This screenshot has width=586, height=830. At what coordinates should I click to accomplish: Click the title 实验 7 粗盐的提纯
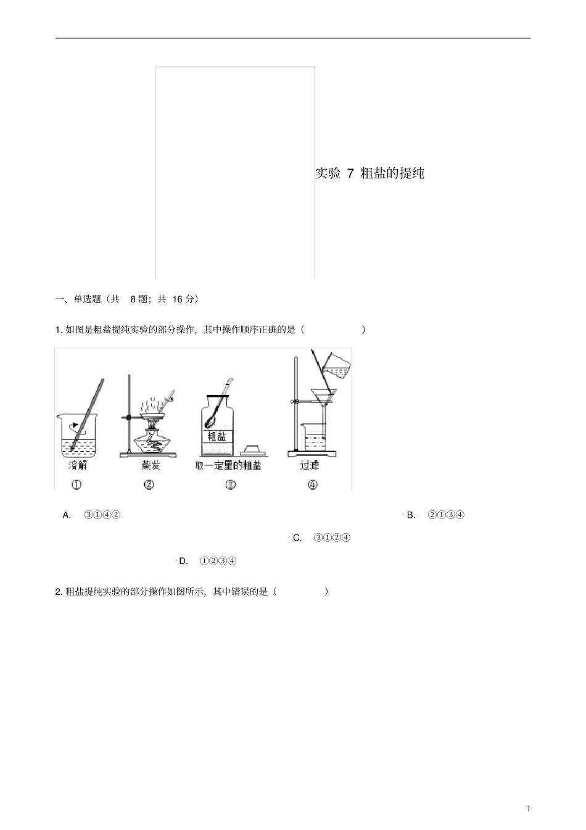369,173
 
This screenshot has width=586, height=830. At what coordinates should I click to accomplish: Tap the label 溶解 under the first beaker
77,465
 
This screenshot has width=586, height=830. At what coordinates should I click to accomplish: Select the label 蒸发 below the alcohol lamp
150,465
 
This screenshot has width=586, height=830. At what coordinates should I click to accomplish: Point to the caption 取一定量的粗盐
228,465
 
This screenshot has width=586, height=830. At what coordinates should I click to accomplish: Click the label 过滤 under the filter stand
310,465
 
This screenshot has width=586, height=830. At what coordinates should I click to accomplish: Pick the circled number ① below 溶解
76,484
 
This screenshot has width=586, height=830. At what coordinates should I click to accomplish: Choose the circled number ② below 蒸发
149,484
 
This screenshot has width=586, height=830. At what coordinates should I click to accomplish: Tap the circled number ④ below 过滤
312,484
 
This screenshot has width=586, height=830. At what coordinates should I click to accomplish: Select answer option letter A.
67,515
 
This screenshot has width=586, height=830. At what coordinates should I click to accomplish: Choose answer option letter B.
411,515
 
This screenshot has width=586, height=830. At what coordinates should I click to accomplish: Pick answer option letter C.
297,538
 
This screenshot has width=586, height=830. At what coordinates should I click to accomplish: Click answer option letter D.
183,561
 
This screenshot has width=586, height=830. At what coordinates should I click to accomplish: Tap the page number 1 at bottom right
528,808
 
